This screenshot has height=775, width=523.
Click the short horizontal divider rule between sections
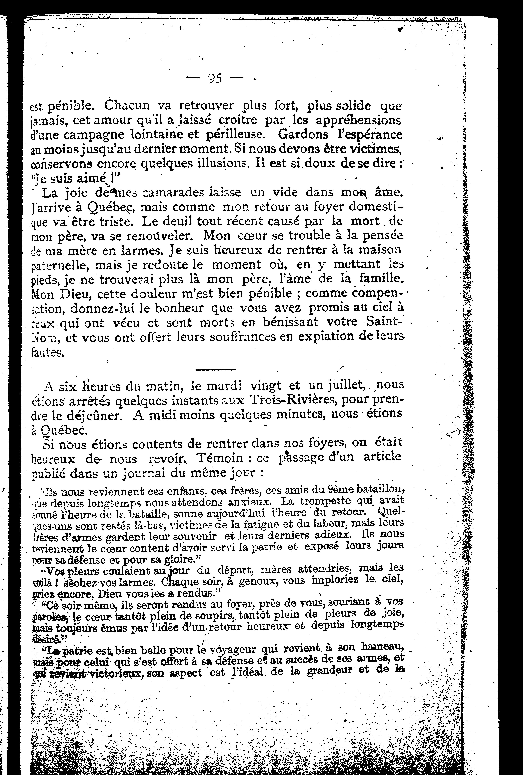[216, 369]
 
